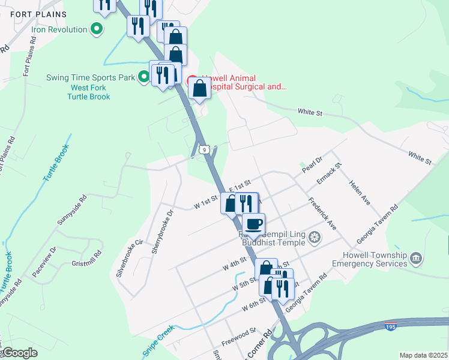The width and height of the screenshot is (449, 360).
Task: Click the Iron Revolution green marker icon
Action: (96, 28)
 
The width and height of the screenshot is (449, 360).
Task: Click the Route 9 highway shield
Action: (205, 149)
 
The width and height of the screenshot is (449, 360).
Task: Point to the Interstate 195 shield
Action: (390, 326)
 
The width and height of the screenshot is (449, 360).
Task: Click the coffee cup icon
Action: (253, 223)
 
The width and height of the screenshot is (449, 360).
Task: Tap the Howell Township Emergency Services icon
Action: (416, 259)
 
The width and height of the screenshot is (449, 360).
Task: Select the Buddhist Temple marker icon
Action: (313, 239)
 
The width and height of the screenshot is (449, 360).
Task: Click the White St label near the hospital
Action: (310, 112)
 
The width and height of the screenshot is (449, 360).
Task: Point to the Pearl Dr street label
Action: (312, 164)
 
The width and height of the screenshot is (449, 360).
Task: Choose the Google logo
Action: (20, 353)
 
